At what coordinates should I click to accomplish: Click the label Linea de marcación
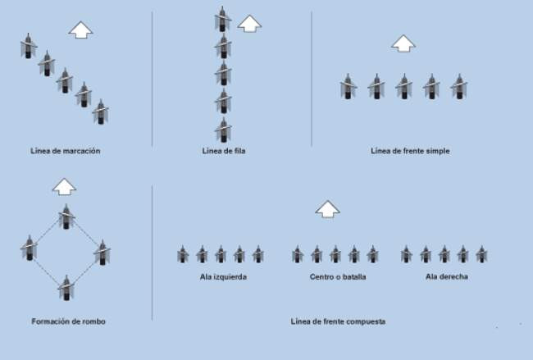(66, 151)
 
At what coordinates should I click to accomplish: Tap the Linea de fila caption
(224, 151)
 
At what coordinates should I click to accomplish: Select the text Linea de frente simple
(410, 151)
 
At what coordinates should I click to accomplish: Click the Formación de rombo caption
(68, 321)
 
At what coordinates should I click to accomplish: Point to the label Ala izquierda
(223, 277)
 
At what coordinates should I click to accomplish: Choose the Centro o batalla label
(338, 277)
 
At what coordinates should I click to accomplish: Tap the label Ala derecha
(447, 276)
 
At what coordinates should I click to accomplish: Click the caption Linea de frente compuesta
(338, 321)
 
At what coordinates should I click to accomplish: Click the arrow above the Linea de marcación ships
(80, 30)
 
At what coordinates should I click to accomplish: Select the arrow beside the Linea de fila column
(249, 24)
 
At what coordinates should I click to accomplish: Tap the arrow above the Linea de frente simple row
(403, 43)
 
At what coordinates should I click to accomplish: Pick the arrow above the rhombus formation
(64, 187)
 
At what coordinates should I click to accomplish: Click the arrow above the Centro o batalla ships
(328, 209)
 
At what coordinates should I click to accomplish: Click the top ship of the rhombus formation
(66, 216)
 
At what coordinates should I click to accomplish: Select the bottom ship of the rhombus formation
(66, 288)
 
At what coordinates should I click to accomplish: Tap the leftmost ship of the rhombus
(30, 248)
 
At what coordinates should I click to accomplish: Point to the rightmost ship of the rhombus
(102, 253)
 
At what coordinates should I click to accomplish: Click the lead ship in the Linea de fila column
(222, 19)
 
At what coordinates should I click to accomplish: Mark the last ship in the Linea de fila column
(223, 130)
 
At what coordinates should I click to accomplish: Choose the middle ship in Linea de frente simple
(403, 86)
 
